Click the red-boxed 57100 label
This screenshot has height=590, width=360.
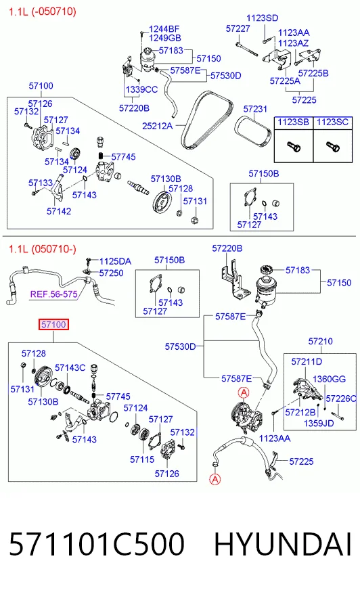(53, 324)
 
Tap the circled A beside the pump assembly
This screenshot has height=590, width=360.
(244, 393)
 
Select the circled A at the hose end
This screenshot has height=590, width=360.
(215, 479)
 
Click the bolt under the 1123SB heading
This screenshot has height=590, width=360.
(294, 145)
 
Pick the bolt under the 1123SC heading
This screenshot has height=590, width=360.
(333, 145)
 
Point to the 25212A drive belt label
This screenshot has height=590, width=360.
(157, 126)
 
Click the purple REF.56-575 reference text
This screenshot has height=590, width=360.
(53, 294)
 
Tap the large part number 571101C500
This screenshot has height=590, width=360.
(97, 544)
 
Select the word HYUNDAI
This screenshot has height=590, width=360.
(282, 544)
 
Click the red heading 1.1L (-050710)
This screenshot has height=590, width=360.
(43, 12)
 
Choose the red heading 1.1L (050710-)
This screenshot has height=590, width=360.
(43, 249)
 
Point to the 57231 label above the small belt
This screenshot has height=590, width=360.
(255, 109)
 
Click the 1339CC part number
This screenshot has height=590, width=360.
(141, 89)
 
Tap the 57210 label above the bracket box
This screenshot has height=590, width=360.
(321, 341)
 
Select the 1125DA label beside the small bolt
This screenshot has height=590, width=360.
(115, 261)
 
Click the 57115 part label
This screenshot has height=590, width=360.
(142, 459)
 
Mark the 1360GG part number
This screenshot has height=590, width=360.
(329, 379)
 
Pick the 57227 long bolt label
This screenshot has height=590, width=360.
(238, 28)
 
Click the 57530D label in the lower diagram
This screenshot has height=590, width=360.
(180, 346)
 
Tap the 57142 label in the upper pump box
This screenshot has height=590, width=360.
(59, 211)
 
